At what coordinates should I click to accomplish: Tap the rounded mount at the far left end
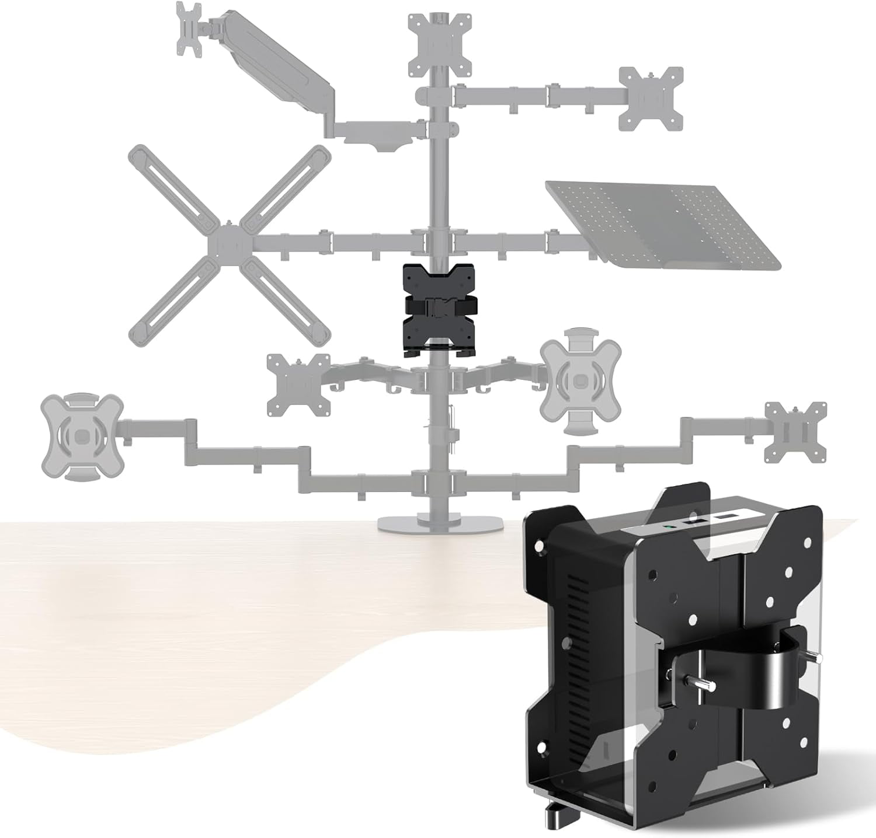pyautogui.click(x=82, y=435)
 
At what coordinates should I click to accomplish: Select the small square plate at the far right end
pyautogui.click(x=795, y=432)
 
